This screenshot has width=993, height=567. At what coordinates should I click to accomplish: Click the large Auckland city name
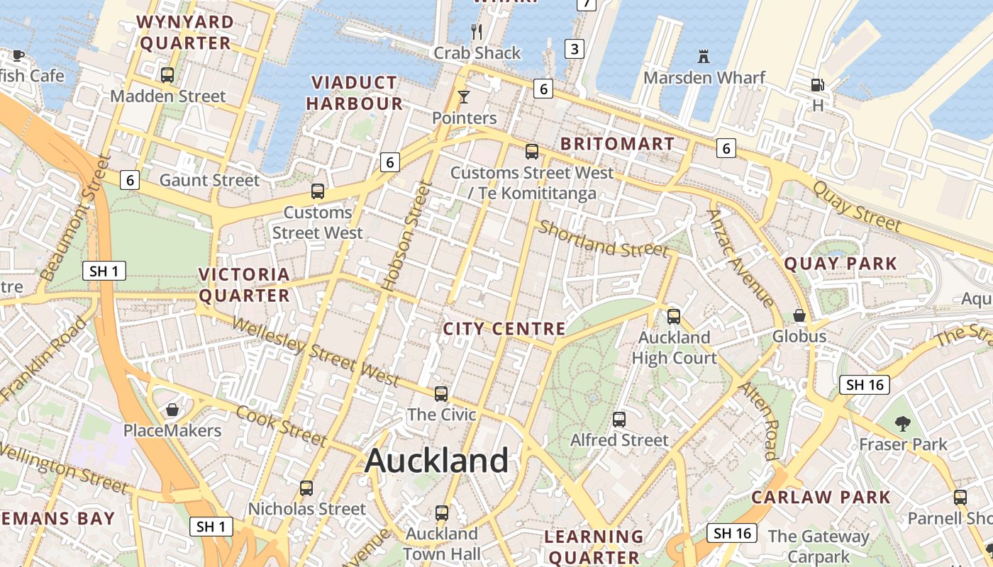[436, 461]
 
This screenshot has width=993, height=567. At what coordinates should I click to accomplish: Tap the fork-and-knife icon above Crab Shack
[477, 31]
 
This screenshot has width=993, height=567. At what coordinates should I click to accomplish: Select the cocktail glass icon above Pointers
[464, 96]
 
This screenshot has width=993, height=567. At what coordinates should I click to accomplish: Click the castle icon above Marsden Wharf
[704, 56]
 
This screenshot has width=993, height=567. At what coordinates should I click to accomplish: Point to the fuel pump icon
[818, 85]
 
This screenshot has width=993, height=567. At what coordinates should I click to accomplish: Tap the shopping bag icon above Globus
[799, 315]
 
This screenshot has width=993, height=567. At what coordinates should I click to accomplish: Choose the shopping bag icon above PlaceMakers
[172, 410]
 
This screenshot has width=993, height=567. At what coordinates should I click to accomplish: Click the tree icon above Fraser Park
[902, 424]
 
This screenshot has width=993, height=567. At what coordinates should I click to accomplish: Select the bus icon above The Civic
[441, 393]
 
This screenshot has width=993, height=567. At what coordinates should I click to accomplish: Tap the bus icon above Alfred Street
[619, 419]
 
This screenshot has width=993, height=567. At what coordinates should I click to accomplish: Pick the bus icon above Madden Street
[167, 74]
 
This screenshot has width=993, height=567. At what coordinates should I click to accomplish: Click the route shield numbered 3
[575, 49]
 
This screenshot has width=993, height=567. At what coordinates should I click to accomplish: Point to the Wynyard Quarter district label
[186, 33]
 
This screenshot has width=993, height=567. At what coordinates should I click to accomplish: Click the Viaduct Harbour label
[355, 93]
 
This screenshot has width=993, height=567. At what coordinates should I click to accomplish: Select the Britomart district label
[617, 144]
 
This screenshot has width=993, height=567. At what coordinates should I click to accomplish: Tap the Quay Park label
[841, 264]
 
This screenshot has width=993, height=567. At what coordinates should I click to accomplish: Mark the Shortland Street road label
[603, 239]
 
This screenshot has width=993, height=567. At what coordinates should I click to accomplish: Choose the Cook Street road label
[282, 425]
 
